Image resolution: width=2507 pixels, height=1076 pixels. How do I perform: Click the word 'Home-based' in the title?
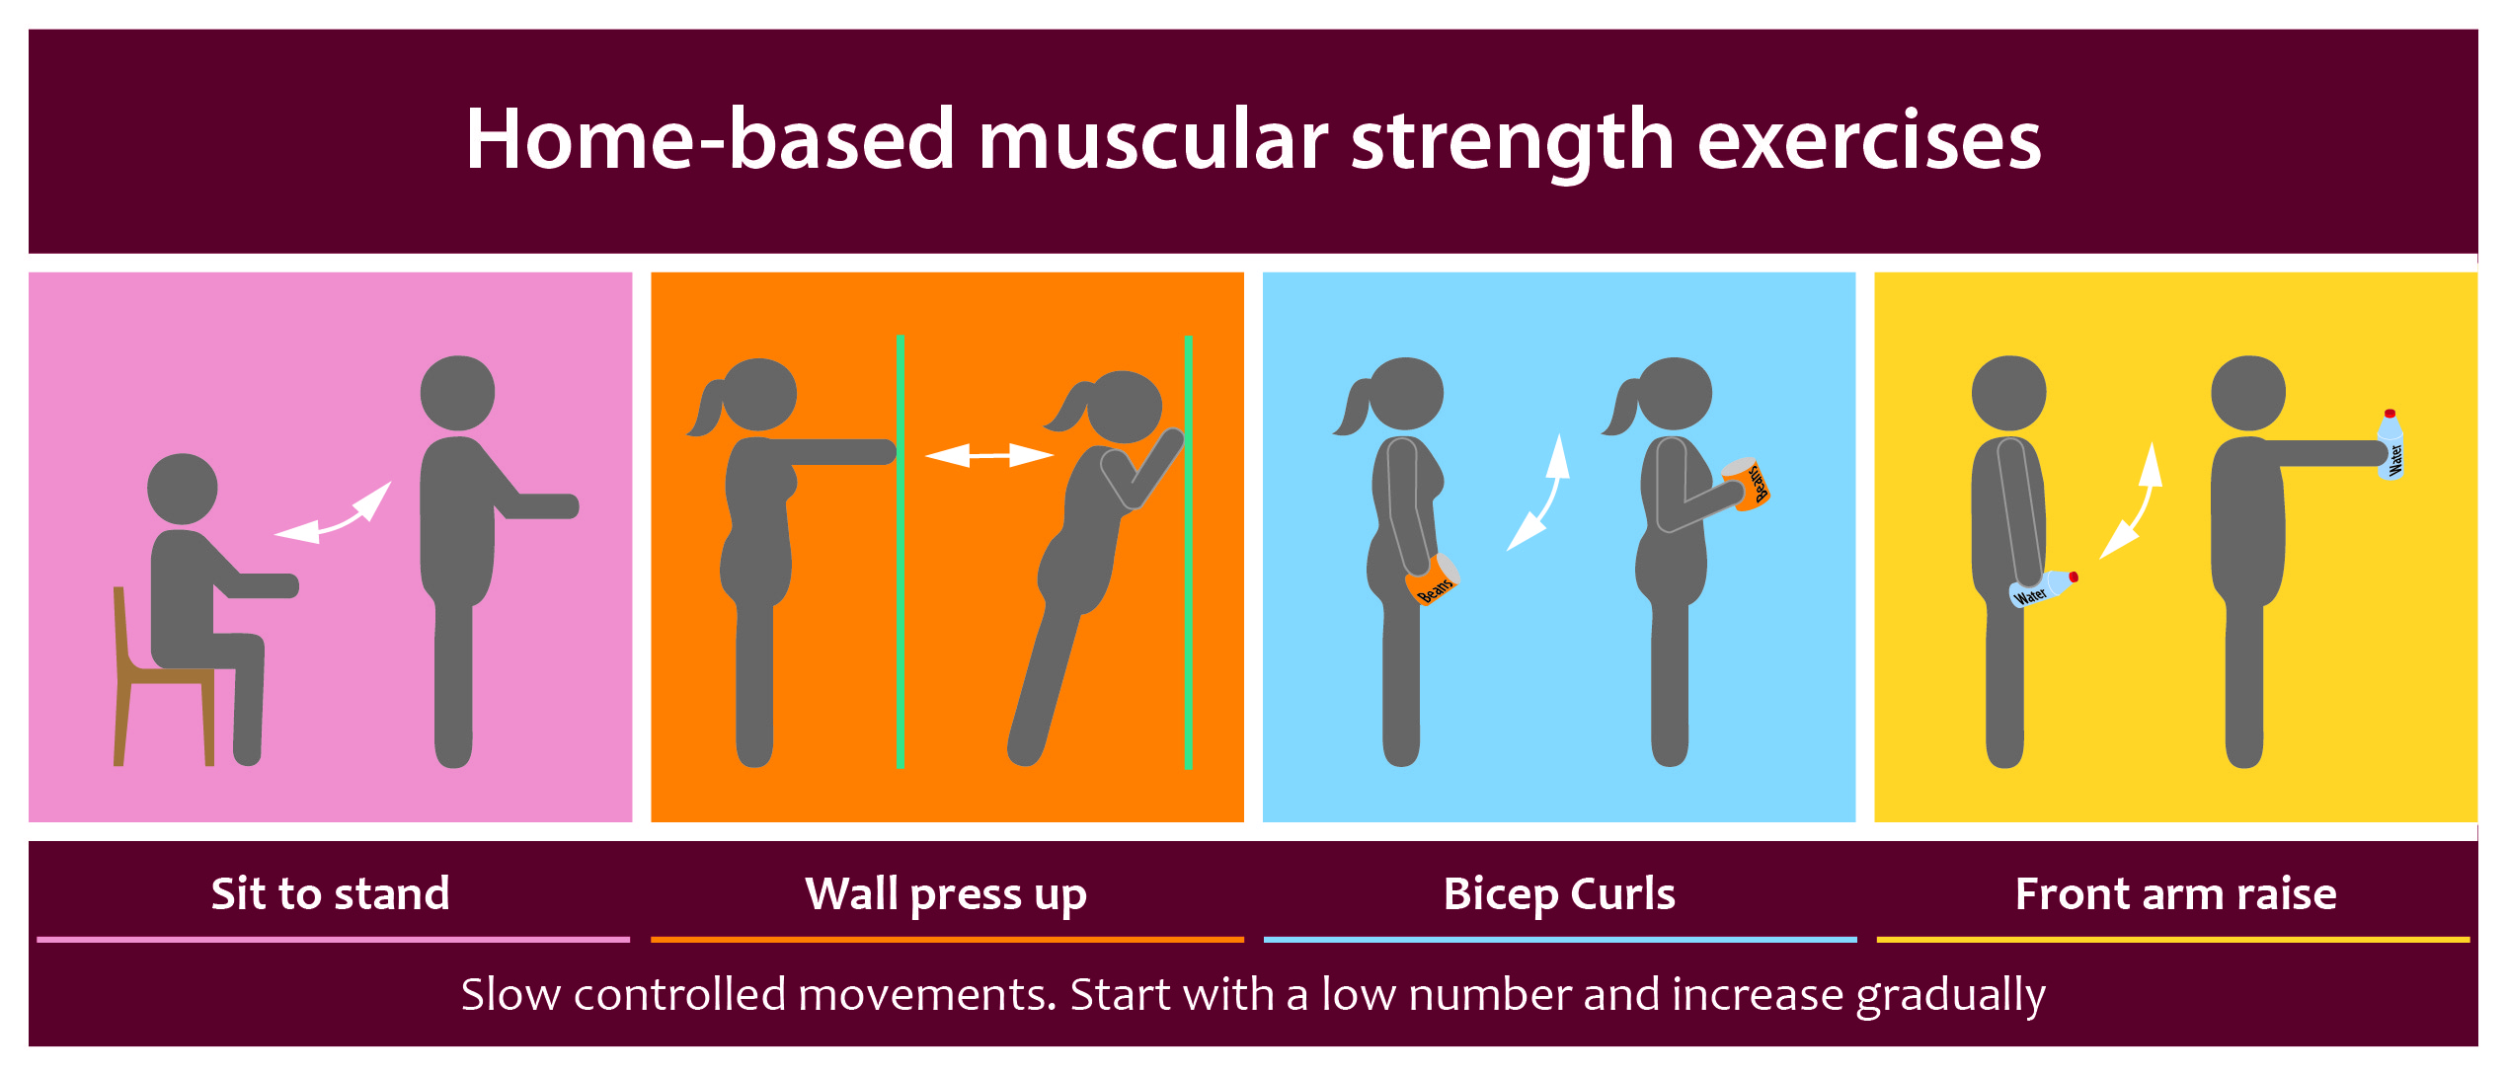pyautogui.click(x=710, y=139)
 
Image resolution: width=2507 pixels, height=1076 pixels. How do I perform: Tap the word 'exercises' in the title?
pyautogui.click(x=1868, y=141)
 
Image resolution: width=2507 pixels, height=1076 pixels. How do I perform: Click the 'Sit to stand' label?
pyautogui.click(x=330, y=893)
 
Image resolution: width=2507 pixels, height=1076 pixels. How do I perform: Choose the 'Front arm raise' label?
pyautogui.click(x=2175, y=893)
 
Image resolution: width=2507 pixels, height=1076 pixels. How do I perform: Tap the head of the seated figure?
pyautogui.click(x=183, y=489)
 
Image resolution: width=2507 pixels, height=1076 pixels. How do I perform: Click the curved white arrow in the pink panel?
pyautogui.click(x=333, y=513)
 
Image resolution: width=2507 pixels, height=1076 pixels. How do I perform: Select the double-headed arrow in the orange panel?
pyautogui.click(x=989, y=455)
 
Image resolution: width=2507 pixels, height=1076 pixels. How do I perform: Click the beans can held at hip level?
pyautogui.click(x=1433, y=579)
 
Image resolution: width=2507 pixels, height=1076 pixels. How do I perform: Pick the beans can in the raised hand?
pyautogui.click(x=1747, y=484)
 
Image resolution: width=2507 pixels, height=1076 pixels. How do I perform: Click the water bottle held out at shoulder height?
pyautogui.click(x=2390, y=444)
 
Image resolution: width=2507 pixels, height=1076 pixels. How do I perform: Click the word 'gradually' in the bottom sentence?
pyautogui.click(x=1950, y=995)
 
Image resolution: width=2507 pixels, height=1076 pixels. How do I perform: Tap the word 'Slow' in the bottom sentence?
pyautogui.click(x=511, y=995)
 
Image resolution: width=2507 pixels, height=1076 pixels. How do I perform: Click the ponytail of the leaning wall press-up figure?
pyautogui.click(x=1066, y=407)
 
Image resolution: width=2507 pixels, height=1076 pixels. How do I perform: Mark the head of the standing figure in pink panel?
pyautogui.click(x=457, y=393)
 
